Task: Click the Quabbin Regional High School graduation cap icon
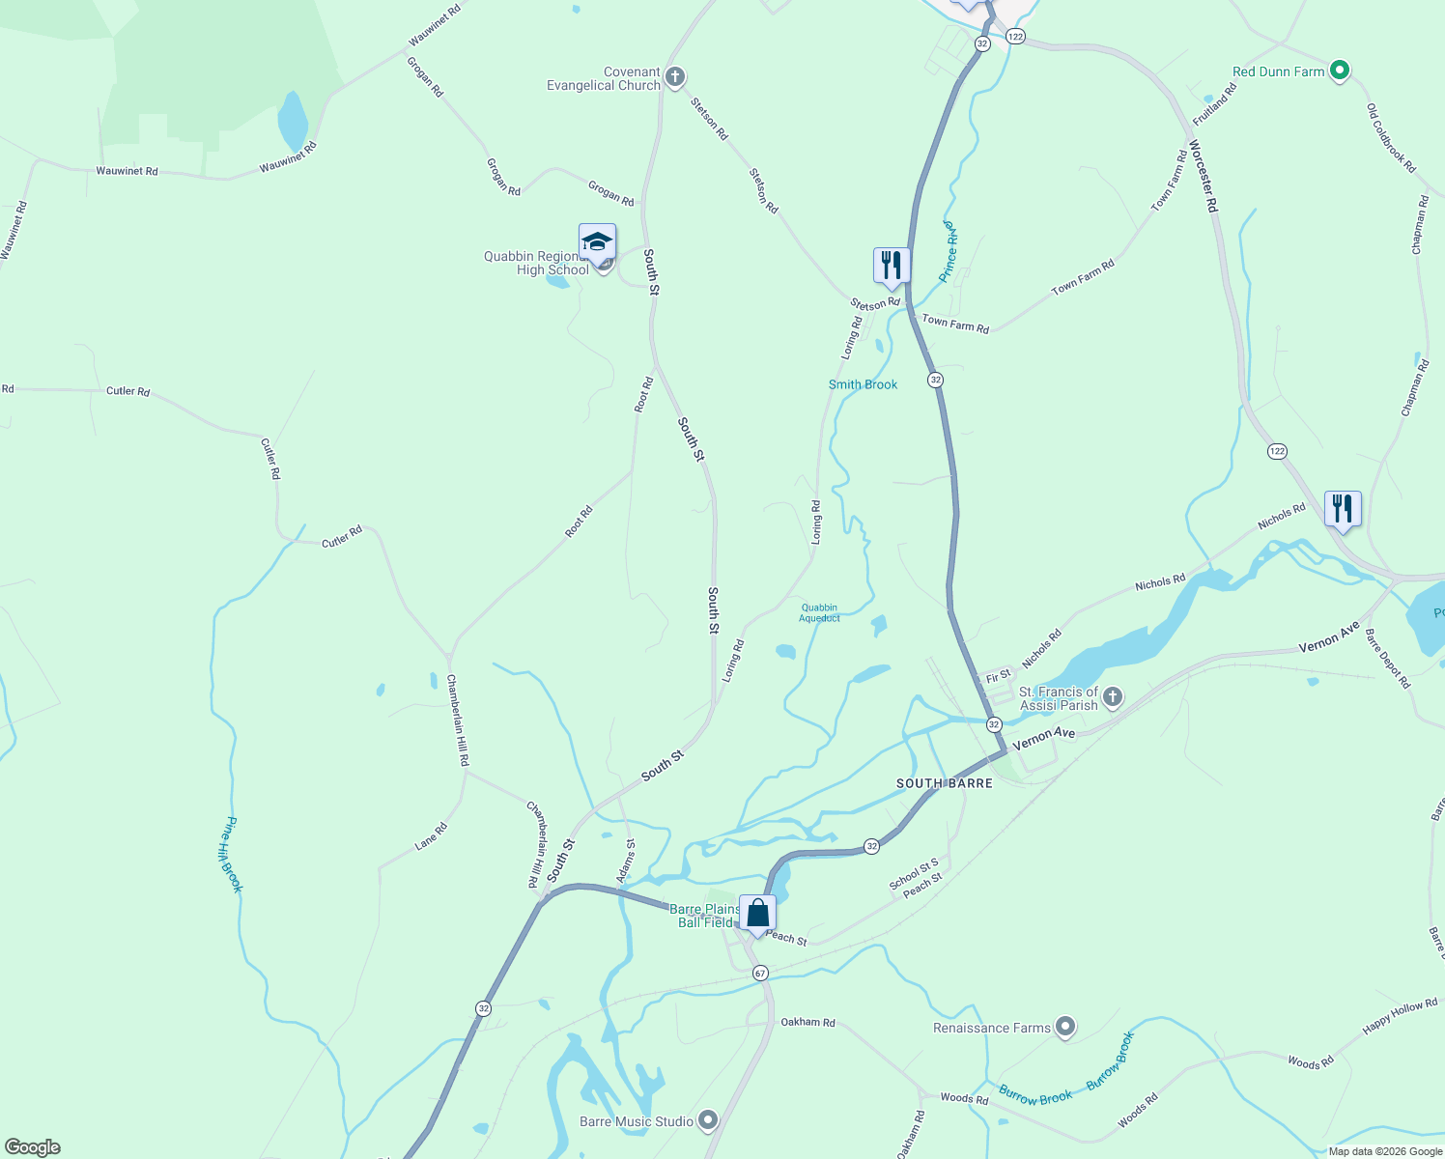click(597, 241)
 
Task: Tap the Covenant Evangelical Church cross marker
click(675, 77)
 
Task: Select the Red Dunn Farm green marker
click(1339, 71)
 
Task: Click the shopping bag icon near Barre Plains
click(758, 913)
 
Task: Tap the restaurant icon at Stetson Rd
click(892, 265)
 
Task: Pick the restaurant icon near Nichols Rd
click(1343, 508)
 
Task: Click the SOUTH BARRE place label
click(944, 783)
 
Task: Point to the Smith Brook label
click(863, 384)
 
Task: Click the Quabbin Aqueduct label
click(819, 612)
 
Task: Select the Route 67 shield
click(760, 973)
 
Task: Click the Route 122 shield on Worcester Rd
click(1277, 451)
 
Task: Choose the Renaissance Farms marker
click(1065, 1027)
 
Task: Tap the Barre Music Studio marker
click(708, 1120)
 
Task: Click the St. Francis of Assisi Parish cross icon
click(1113, 696)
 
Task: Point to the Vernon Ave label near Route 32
click(1043, 739)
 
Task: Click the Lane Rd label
click(431, 836)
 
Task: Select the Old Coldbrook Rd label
click(1391, 139)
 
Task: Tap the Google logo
click(33, 1147)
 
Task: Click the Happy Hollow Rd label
click(1400, 1017)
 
